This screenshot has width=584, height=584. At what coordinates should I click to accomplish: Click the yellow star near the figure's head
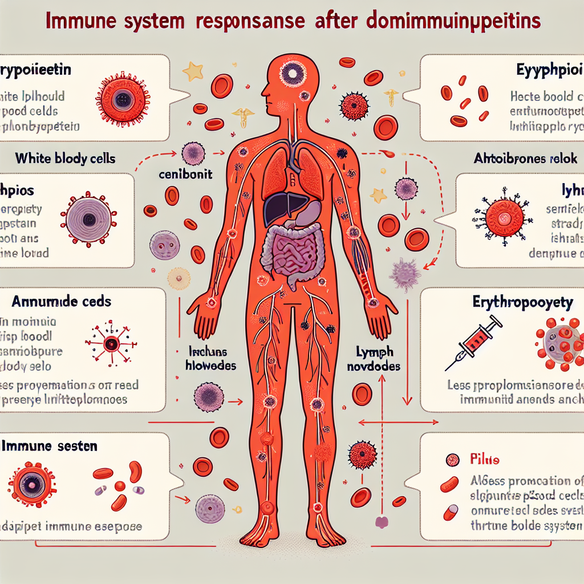point(193,71)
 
